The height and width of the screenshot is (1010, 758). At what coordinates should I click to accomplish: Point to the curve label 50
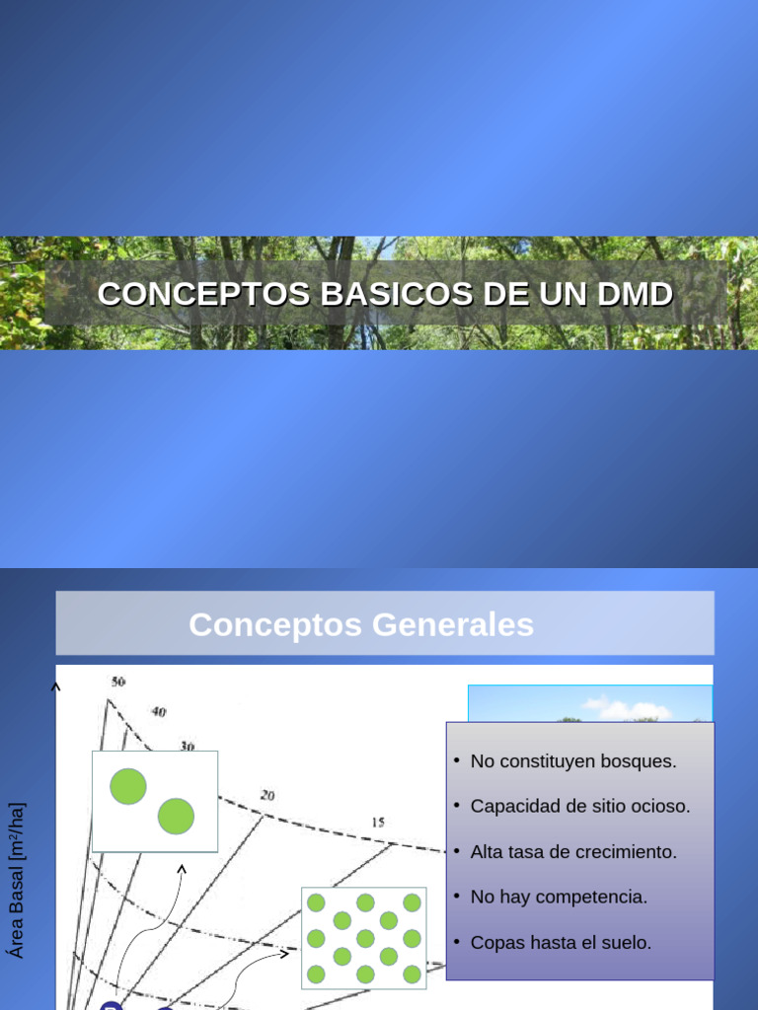tap(118, 682)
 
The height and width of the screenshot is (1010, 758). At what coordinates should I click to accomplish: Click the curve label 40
tap(159, 711)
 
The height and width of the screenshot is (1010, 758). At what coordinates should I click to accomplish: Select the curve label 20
tap(267, 795)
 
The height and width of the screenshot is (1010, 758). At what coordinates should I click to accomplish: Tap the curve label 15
tap(378, 822)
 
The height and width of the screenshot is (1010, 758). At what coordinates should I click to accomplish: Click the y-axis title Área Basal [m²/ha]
tap(16, 881)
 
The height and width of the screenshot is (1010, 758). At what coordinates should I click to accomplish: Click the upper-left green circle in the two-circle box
tap(128, 786)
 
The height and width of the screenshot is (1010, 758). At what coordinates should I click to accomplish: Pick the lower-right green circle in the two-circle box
tap(176, 816)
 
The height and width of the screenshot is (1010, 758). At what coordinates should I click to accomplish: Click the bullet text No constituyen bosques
tap(573, 761)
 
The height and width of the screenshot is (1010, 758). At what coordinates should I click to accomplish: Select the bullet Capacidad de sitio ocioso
tap(580, 806)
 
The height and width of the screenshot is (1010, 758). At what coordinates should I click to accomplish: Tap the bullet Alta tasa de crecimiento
tap(573, 851)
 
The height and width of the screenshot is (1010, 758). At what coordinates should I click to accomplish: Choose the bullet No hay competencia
tap(559, 897)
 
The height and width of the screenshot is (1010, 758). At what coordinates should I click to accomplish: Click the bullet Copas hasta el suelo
tap(561, 942)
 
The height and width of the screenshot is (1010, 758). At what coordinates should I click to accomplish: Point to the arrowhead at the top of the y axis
tap(56, 686)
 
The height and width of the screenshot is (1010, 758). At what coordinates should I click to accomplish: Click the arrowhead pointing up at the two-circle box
tap(182, 869)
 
